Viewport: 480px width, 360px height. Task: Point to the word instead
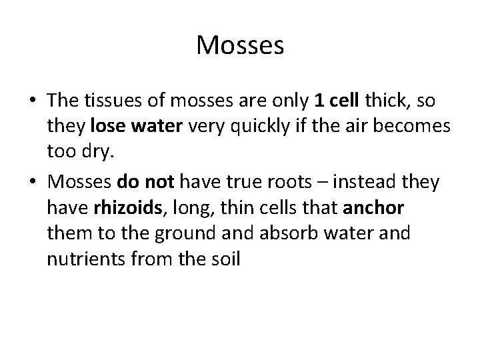coord(346,182)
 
